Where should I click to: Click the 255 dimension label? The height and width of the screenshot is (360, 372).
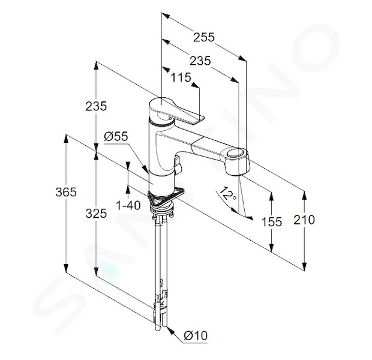[204, 37]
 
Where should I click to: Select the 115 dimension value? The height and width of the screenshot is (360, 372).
[181, 77]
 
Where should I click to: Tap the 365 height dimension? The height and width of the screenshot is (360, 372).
[66, 192]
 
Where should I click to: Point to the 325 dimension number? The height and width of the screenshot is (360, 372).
[96, 214]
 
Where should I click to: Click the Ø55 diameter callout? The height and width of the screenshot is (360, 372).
[116, 136]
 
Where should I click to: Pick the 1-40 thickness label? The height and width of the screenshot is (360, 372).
[128, 205]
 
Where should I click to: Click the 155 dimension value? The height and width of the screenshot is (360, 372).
[271, 222]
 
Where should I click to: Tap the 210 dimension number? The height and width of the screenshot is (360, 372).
[304, 220]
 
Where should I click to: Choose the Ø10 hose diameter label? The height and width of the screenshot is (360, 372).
[196, 335]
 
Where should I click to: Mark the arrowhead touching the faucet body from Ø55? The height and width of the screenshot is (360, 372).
[145, 169]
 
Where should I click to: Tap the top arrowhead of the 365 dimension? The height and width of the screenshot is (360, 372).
[66, 139]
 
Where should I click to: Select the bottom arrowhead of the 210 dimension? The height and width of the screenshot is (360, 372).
[304, 266]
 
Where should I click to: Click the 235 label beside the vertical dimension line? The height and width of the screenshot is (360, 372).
[96, 106]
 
